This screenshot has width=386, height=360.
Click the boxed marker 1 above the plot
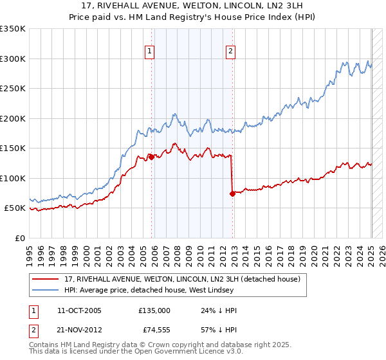click(x=150, y=52)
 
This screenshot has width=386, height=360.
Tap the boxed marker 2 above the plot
click(x=230, y=52)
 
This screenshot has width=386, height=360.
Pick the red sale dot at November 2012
click(x=232, y=193)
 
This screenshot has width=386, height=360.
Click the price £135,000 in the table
click(x=154, y=310)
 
